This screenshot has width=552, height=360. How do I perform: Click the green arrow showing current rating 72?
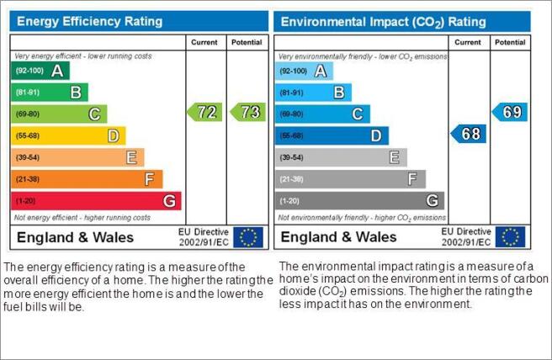[204, 112]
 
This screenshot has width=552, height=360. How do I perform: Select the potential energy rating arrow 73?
[248, 112]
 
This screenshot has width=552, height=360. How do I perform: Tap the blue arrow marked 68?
[468, 134]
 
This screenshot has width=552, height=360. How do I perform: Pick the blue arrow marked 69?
[510, 112]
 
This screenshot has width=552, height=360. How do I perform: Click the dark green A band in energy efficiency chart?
[40, 71]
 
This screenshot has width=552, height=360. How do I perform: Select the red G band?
[96, 201]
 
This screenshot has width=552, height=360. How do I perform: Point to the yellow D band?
[68, 135]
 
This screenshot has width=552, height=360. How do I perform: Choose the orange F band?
[87, 179]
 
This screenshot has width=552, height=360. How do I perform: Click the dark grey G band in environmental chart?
[359, 201]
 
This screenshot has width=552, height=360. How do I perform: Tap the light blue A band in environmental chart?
[304, 71]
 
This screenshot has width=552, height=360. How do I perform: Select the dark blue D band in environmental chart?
[332, 135]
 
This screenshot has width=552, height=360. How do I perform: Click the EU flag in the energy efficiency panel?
[248, 237]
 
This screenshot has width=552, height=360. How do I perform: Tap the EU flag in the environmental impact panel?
[510, 237]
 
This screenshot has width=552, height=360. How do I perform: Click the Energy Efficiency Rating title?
[90, 22]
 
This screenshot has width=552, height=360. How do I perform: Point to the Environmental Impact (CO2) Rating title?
[384, 22]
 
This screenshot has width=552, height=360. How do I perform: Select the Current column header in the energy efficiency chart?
[204, 42]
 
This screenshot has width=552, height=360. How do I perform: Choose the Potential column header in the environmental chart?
[510, 42]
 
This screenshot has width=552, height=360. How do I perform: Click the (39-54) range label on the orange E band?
[28, 157]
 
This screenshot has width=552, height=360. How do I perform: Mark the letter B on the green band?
[76, 93]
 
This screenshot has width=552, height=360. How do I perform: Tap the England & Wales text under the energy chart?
[76, 237]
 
